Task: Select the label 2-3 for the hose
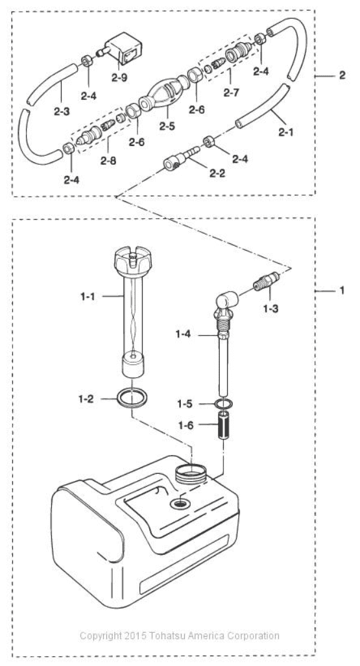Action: [62, 112]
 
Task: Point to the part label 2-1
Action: [285, 133]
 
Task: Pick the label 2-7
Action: [231, 93]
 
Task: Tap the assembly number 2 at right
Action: [342, 75]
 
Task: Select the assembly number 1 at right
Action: [342, 291]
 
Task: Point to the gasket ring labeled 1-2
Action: [132, 399]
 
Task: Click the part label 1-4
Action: [183, 335]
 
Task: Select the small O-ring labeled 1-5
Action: [224, 404]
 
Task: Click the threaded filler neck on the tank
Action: [191, 472]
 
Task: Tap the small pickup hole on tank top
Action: [180, 503]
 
